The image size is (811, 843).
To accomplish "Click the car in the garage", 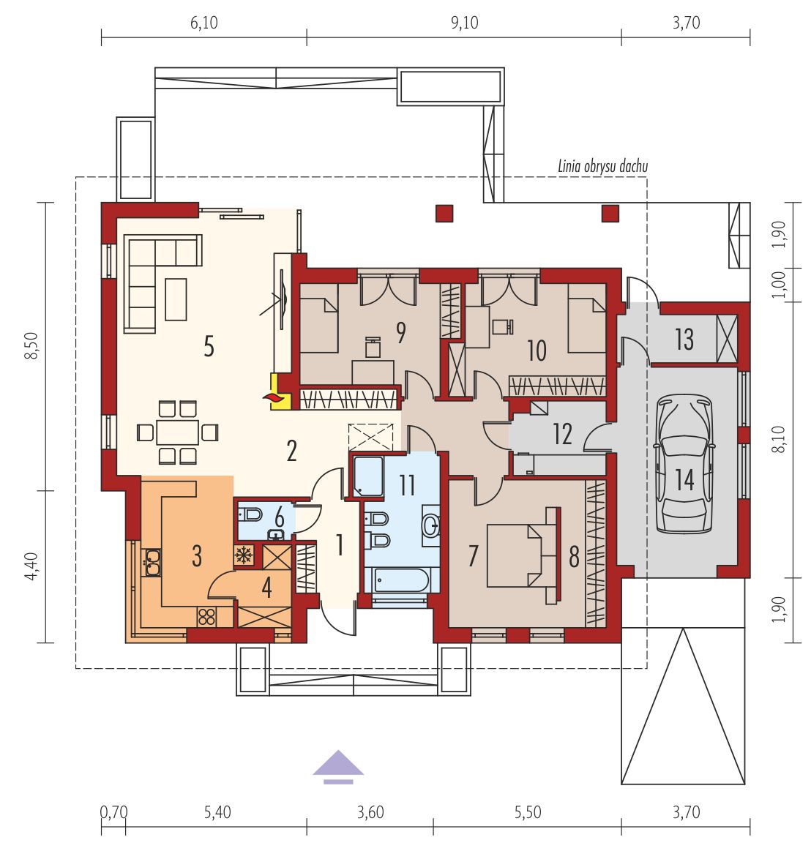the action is (x=684, y=464).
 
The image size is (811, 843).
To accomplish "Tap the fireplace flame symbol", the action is (x=272, y=397).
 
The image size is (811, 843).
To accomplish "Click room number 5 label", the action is (x=209, y=347).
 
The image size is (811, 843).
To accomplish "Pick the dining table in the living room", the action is (x=177, y=432).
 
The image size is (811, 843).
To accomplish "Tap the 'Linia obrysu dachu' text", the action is (x=602, y=166).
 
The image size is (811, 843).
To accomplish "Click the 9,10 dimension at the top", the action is (x=464, y=23).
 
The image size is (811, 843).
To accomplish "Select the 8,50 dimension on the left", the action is (x=34, y=346).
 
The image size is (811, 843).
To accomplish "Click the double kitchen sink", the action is (x=151, y=562).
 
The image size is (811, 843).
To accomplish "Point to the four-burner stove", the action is (x=206, y=616).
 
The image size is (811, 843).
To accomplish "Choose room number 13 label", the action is (x=684, y=340).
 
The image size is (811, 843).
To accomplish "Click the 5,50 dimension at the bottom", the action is (x=528, y=812).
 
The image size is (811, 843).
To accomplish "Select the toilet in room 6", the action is (x=250, y=515).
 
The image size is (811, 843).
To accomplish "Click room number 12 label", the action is (x=563, y=434).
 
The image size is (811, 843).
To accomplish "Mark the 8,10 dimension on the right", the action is (x=780, y=439).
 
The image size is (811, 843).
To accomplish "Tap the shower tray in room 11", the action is (x=368, y=476).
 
